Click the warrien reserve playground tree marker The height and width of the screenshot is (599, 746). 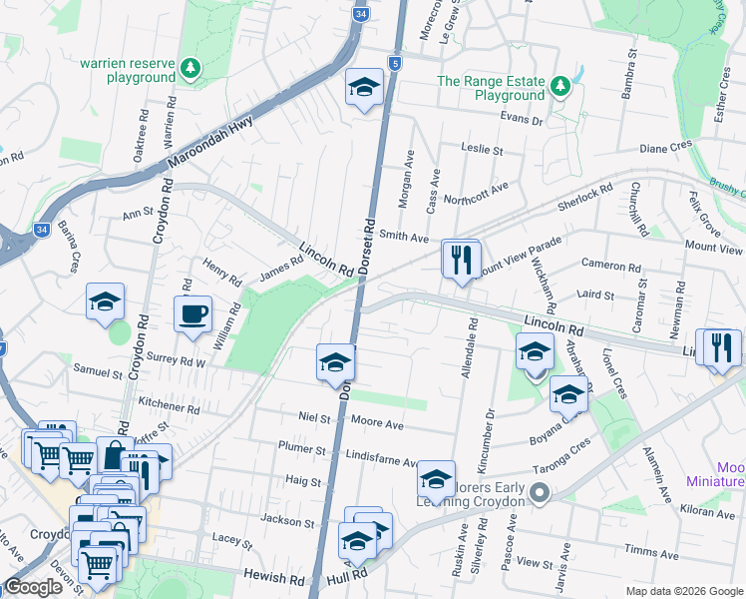pyautogui.click(x=190, y=69)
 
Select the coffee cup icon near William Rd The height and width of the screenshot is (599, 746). pyautogui.click(x=192, y=313)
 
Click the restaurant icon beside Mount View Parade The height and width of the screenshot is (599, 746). pyautogui.click(x=461, y=260)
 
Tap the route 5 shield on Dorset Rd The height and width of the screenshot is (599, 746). pyautogui.click(x=396, y=64)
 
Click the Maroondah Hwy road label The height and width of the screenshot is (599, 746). pyautogui.click(x=210, y=142)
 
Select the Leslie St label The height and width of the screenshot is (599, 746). pyautogui.click(x=482, y=149)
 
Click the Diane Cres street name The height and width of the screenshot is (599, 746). pyautogui.click(x=665, y=147)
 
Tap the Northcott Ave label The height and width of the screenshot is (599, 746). pyautogui.click(x=476, y=186)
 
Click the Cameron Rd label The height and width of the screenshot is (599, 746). pyautogui.click(x=612, y=268)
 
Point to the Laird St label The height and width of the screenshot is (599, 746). pyautogui.click(x=595, y=296)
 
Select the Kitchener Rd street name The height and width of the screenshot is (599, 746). pyautogui.click(x=170, y=406)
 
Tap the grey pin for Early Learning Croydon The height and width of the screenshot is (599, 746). pyautogui.click(x=540, y=493)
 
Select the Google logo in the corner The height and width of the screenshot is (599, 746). pyautogui.click(x=33, y=587)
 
